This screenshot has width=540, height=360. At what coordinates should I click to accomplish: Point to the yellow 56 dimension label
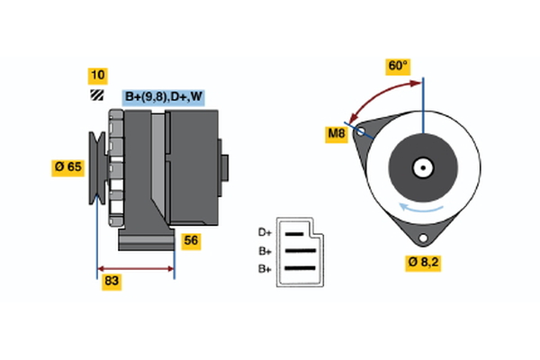[x=191, y=240]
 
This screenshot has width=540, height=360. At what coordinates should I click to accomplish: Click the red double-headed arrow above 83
[x=135, y=268]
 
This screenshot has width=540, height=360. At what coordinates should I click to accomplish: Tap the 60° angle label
[x=398, y=67]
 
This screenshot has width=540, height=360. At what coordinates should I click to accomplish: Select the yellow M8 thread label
[x=336, y=135]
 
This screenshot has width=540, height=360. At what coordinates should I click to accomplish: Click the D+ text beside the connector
[x=265, y=233]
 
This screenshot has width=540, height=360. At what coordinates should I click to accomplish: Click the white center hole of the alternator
[x=421, y=166]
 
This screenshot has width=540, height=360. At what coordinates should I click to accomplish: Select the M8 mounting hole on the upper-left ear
[x=362, y=132]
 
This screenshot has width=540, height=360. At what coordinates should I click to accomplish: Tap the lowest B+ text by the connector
[x=265, y=268]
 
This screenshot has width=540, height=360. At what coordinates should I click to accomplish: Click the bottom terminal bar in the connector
[x=300, y=268]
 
